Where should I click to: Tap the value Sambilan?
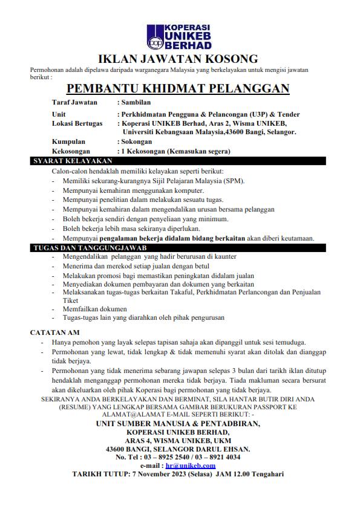click(137, 103)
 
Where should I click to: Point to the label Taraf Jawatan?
click(75, 103)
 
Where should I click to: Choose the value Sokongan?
click(137, 141)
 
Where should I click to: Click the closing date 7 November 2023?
click(160, 475)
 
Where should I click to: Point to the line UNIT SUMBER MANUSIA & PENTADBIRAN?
click(178, 424)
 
